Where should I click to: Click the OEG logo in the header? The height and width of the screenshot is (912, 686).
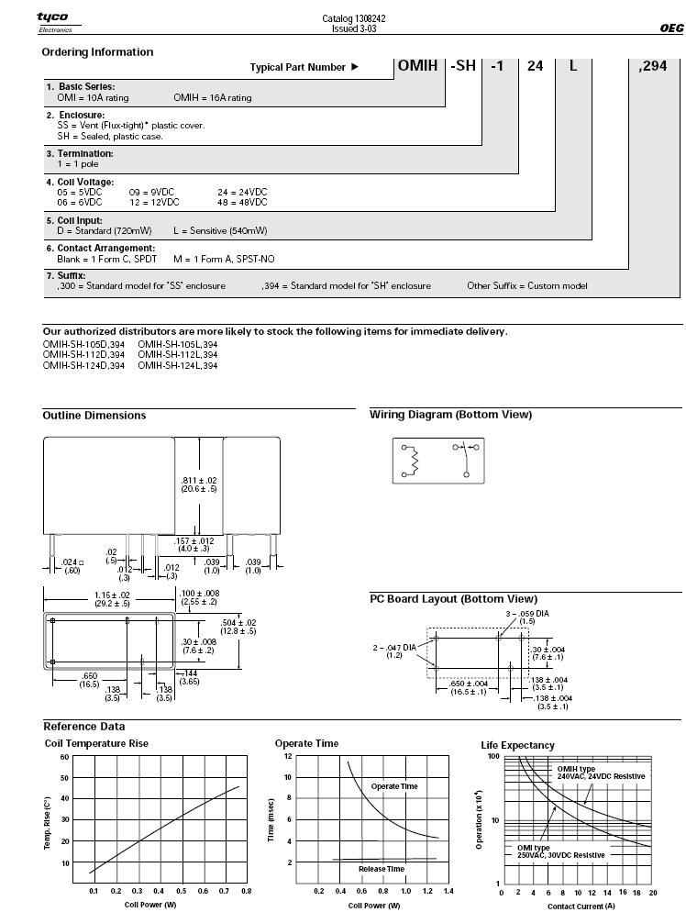coord(671,28)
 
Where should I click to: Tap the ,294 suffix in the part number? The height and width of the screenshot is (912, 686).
coord(654,66)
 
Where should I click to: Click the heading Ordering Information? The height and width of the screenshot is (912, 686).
coord(97,52)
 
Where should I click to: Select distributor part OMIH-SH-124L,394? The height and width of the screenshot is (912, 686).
coord(178,365)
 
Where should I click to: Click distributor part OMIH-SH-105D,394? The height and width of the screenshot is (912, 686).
coord(83,345)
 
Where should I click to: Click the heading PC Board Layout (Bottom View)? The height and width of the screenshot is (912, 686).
coord(453,599)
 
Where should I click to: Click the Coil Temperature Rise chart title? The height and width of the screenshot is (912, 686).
coord(96,743)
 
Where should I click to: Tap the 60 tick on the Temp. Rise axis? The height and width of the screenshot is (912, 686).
coord(64,757)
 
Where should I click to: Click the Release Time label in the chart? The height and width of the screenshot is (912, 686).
coord(381,868)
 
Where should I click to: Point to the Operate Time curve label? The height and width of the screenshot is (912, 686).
coord(394,786)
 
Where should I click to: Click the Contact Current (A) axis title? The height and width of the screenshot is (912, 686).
coord(576,905)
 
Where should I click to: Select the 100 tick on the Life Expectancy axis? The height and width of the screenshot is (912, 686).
coord(492,757)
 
